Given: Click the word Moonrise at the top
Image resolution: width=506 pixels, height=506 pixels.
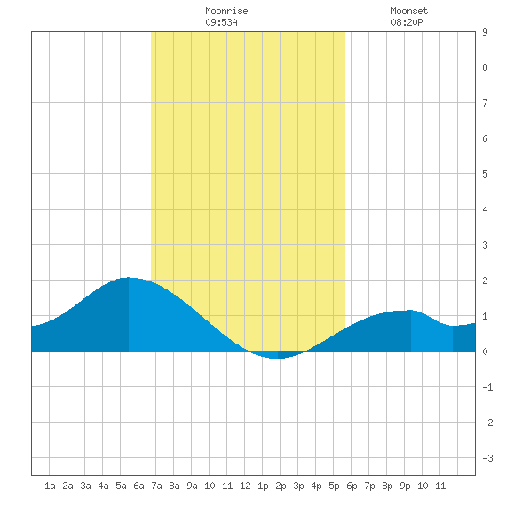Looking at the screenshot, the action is [226, 11].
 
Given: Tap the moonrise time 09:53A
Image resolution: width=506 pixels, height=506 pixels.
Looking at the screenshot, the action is [221, 22].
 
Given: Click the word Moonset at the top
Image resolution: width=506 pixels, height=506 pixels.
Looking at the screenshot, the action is [409, 11].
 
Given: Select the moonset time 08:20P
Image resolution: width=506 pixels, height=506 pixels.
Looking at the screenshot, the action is [407, 22].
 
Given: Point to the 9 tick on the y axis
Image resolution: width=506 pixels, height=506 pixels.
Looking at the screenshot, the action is [485, 32].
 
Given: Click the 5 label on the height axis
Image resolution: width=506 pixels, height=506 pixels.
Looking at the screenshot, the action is [485, 174].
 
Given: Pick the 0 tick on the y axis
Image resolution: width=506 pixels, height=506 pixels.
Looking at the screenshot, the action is [485, 352].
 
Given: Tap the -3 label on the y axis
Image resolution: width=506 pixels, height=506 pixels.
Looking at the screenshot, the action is [487, 458].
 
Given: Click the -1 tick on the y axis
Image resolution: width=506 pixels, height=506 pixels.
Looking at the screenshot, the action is [487, 387].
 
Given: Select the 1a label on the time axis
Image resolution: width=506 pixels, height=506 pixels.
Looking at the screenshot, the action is [50, 486].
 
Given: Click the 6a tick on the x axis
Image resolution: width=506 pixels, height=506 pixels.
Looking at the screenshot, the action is [138, 486].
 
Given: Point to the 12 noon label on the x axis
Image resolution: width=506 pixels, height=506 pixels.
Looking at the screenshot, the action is [245, 486].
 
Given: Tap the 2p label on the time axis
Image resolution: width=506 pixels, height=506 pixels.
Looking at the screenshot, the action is [281, 486].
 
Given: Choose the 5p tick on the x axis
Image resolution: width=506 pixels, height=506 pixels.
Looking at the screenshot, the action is [334, 486].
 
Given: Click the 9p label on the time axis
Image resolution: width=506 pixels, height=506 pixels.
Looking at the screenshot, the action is [405, 486].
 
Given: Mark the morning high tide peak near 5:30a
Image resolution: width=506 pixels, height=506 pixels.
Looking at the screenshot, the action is [129, 277].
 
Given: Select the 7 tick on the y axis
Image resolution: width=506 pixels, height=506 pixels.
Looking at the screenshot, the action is [485, 103].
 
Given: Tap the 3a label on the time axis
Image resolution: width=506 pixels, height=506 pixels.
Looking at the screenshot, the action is [85, 486].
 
